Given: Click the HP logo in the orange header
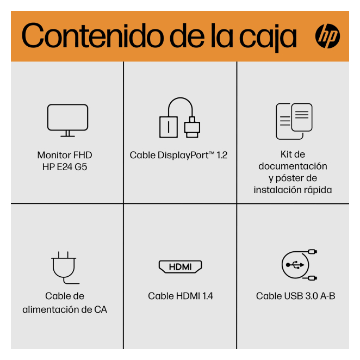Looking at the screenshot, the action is (327, 36).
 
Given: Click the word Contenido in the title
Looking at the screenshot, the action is (93, 35).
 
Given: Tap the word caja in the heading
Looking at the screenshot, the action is (268, 38).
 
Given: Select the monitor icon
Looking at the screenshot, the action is (68, 121).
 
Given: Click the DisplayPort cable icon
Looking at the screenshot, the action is (180, 117).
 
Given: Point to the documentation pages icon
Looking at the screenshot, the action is (294, 121).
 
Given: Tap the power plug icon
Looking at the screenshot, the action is (64, 268).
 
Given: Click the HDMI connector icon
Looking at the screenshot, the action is (180, 267).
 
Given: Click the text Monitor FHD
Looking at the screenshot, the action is (65, 155).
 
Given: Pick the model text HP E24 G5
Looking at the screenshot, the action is (65, 167).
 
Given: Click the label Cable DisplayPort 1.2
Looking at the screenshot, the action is (178, 156).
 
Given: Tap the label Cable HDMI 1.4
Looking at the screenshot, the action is (181, 296).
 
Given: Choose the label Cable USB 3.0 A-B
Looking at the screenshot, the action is (296, 296).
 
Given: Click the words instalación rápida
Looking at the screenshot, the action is (293, 190).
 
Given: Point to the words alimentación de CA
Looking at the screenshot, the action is (65, 309).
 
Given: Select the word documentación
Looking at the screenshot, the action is (293, 166).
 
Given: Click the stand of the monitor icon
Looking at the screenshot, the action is (68, 134).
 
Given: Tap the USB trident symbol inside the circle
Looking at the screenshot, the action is (295, 265).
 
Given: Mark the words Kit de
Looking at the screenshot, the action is (293, 154).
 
